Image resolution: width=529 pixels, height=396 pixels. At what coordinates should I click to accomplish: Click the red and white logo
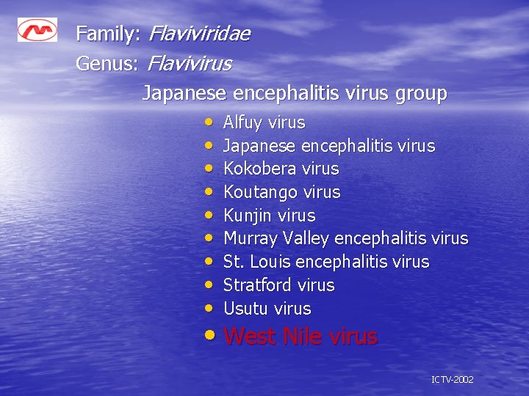click(x=37, y=30)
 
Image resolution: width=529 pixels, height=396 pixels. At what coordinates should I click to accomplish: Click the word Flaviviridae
click(x=198, y=34)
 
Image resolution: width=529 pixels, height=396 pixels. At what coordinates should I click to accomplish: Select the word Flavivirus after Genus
click(x=189, y=64)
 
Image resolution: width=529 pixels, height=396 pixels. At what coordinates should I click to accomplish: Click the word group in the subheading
click(x=421, y=94)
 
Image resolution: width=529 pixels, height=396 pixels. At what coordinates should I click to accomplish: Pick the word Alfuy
click(x=243, y=122)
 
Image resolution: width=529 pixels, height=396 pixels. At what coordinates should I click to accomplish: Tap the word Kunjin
click(x=248, y=216)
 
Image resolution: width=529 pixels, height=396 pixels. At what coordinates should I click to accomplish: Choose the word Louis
click(x=271, y=262)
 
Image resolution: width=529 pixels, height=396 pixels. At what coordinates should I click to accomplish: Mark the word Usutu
click(x=245, y=309)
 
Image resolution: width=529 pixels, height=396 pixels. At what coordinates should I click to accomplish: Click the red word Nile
click(x=303, y=337)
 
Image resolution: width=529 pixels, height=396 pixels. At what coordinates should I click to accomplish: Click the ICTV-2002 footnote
click(x=452, y=380)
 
